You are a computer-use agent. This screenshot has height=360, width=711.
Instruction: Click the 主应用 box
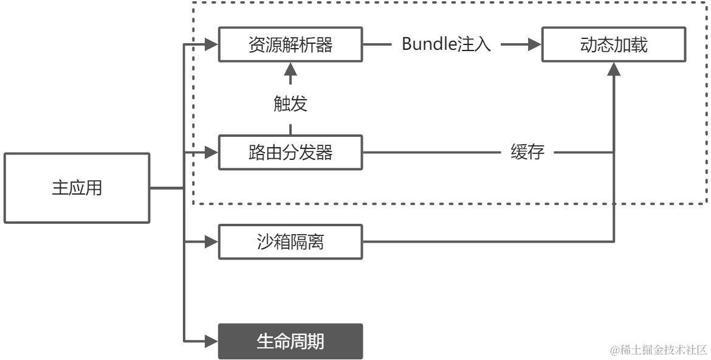coord(77,188)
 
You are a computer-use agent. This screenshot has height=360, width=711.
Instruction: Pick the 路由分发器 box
coord(290,152)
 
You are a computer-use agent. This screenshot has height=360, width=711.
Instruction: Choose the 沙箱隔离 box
coord(290,242)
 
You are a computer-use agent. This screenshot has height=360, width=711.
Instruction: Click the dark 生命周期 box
coord(290,341)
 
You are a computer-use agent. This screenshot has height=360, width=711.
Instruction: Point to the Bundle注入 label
coord(446,45)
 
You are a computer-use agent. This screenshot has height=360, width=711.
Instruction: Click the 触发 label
coord(290,104)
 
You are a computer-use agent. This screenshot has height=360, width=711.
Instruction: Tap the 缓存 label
coord(527,152)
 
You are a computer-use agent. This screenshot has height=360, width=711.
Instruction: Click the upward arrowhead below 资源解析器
coord(290,68)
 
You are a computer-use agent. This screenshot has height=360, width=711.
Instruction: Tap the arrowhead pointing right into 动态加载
coord(534,45)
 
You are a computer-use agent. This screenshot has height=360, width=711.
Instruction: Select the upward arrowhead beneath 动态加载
coord(614,68)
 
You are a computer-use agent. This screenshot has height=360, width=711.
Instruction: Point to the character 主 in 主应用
coord(60,189)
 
